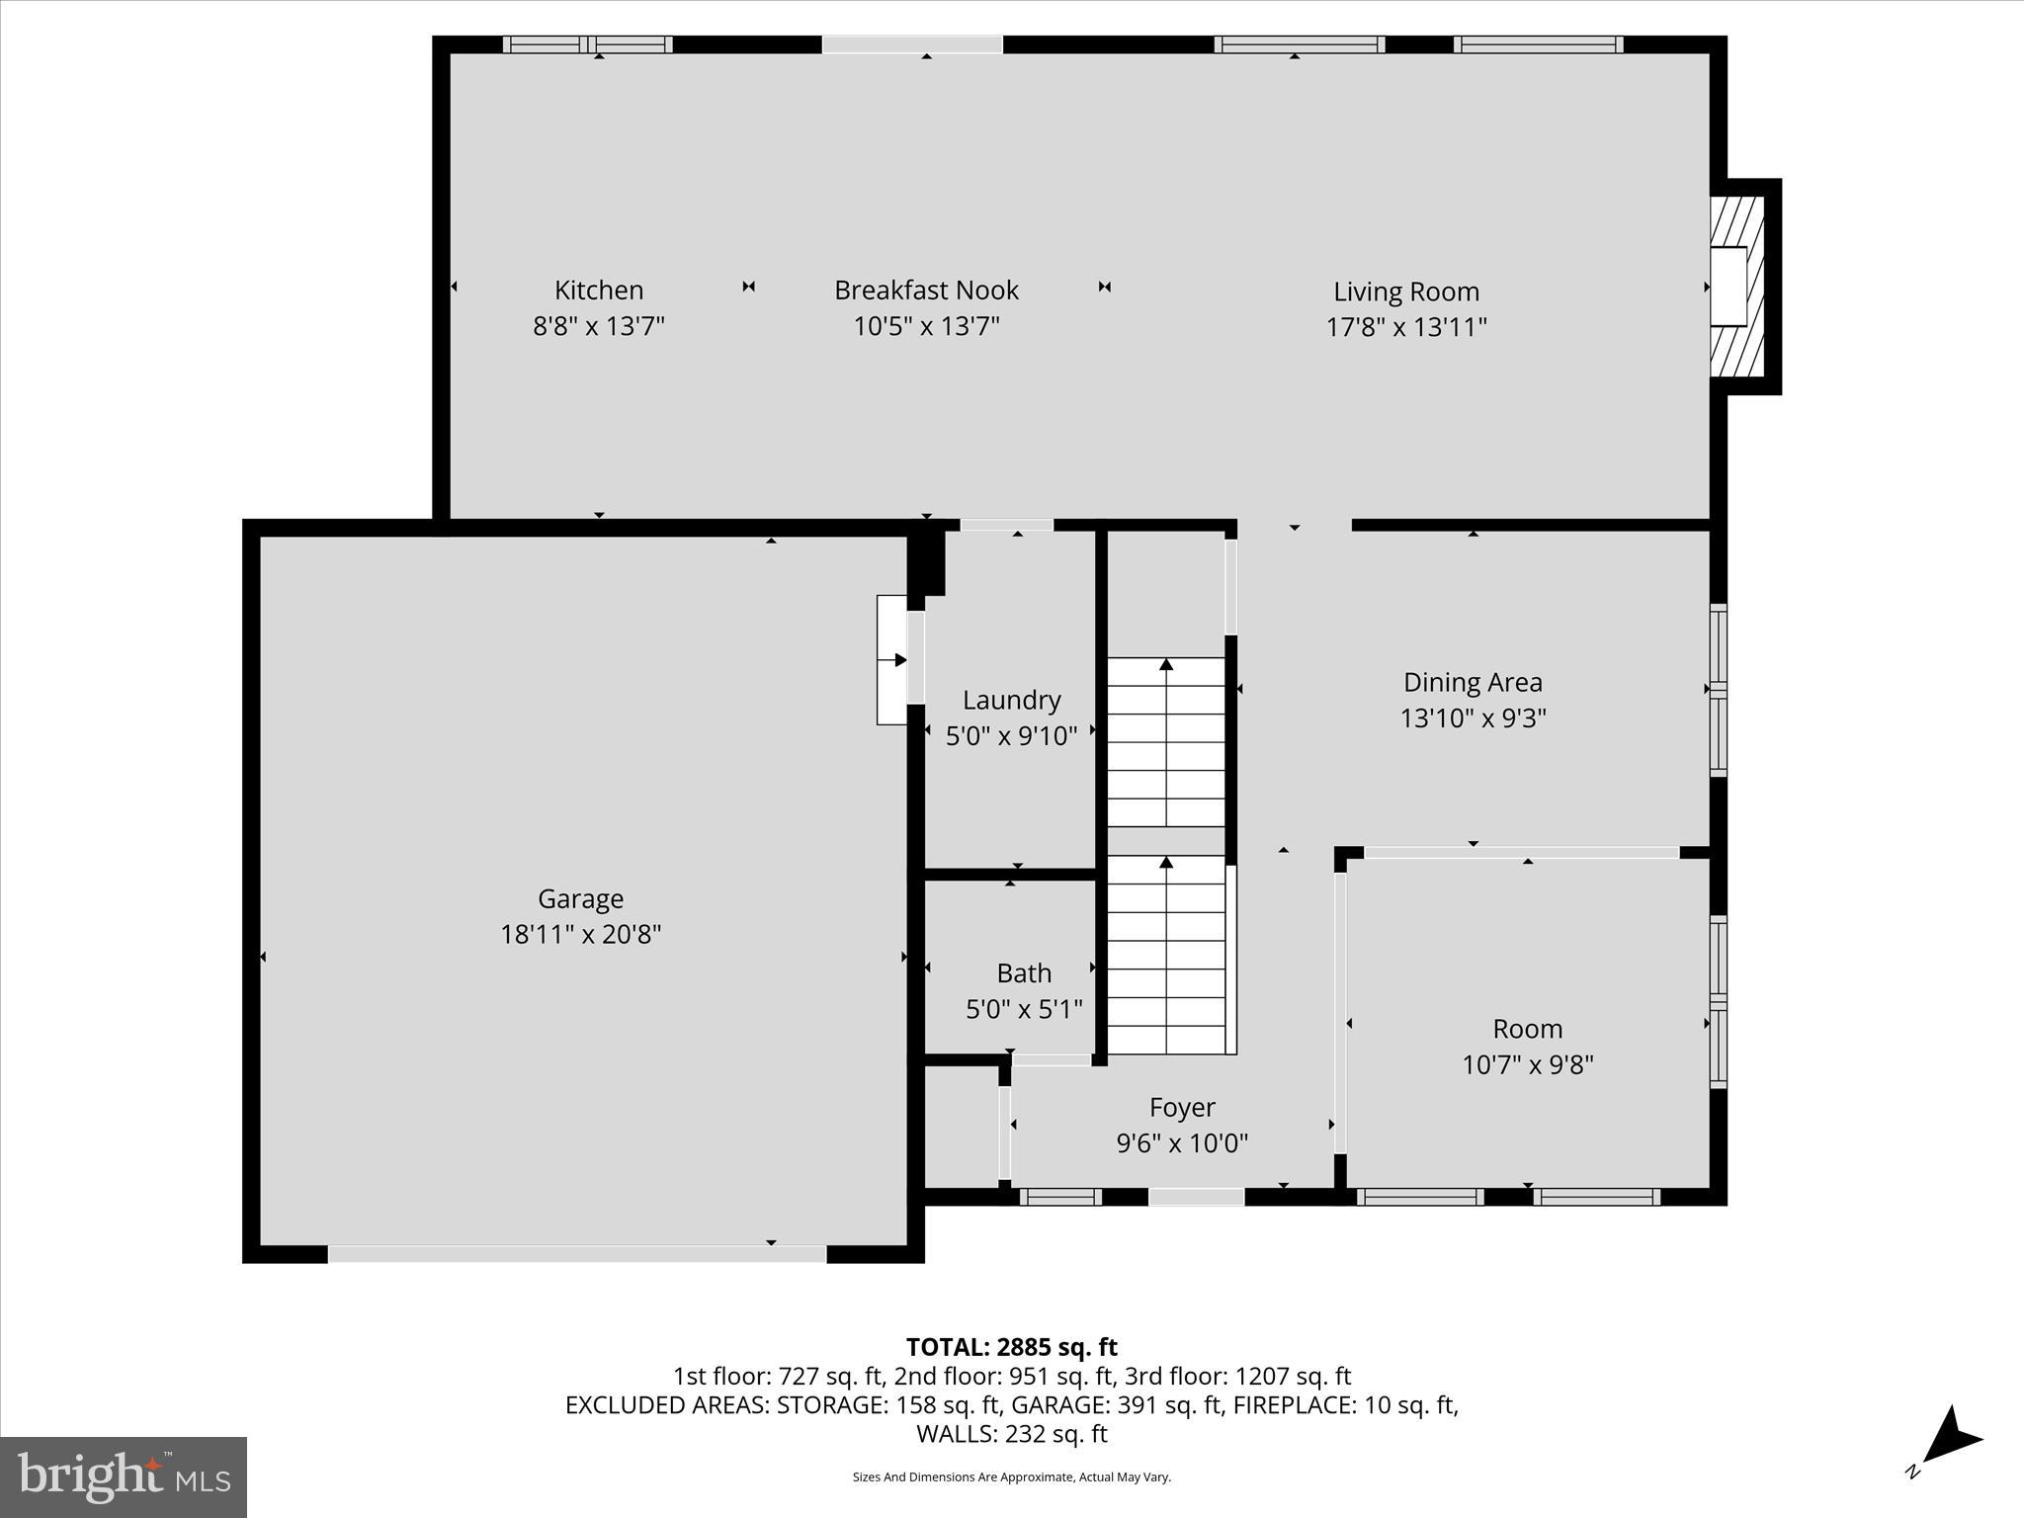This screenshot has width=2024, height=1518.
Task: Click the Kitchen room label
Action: point(598,290)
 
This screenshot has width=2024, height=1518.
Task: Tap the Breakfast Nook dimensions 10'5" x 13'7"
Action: point(926,326)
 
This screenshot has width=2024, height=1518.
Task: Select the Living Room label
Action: point(1405,292)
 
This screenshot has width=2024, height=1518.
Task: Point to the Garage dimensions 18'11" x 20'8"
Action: point(580,934)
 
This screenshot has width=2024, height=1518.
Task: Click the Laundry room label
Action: point(1011,700)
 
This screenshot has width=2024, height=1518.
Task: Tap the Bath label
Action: point(1023,973)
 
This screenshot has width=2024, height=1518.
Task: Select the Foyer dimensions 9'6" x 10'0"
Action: point(1182,1143)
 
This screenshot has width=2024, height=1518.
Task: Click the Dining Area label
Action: point(1472,682)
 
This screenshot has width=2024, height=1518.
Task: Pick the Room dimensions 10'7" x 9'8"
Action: point(1527,1064)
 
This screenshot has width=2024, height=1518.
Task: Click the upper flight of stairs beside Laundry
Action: point(1166,741)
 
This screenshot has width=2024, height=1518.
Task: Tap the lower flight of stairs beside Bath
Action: point(1166,954)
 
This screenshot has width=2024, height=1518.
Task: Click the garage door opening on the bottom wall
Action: point(576,1254)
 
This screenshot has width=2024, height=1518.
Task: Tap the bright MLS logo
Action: point(124,1476)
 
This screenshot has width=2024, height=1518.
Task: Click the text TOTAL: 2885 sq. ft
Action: point(1011,1347)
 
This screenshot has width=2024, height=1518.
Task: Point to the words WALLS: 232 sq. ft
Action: point(1011,1434)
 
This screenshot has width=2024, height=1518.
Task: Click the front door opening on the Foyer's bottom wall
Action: point(1196,1197)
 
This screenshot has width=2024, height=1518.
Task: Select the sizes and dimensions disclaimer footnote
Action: point(1011,1477)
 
